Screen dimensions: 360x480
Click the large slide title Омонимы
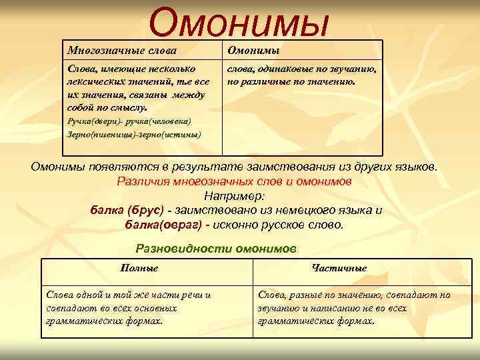239,22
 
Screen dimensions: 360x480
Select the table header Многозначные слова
125,51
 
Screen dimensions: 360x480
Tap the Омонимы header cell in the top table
253,51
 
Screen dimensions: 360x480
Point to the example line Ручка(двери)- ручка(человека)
129,121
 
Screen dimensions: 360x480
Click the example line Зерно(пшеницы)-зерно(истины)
134,133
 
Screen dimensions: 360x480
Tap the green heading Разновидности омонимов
216,249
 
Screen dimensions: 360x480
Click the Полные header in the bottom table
139,268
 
